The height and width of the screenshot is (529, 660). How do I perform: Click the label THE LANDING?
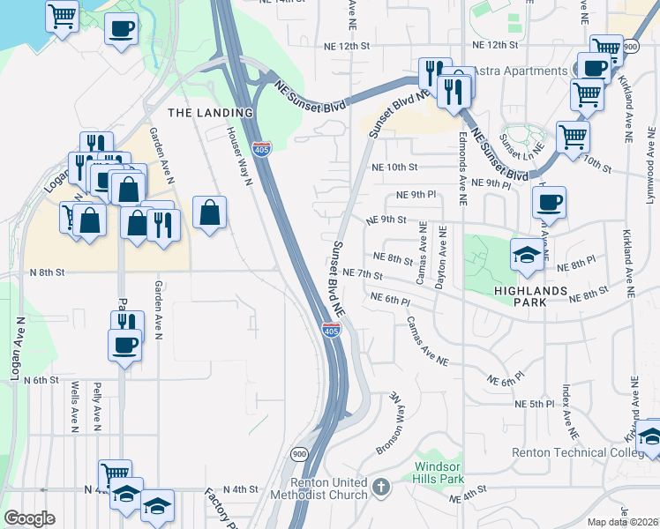click(204, 112)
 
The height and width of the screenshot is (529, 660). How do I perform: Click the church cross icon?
click(379, 486)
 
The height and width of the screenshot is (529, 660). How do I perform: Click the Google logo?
click(29, 518)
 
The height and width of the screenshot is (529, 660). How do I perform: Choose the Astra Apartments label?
click(520, 71)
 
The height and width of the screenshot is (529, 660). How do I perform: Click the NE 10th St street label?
click(394, 167)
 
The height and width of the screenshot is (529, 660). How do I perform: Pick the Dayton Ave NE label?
click(441, 256)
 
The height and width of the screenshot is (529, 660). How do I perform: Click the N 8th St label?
click(47, 273)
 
